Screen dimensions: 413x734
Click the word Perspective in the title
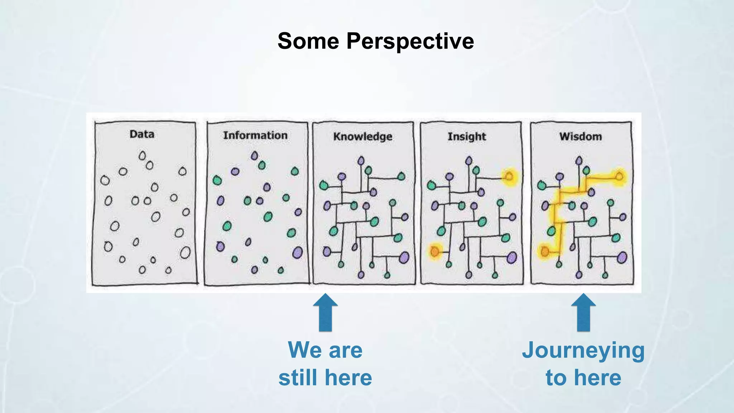(x=410, y=41)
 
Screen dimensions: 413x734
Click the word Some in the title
(x=308, y=41)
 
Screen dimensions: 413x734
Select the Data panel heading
(x=142, y=134)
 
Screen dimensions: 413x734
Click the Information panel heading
(x=255, y=135)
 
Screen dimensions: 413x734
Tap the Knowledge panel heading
(x=362, y=137)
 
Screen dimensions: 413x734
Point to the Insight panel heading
(x=467, y=137)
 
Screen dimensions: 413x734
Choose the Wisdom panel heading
(x=580, y=137)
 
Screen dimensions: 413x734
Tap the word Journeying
(x=583, y=350)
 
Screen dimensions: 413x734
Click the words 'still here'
(x=325, y=378)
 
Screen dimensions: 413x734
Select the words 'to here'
(x=583, y=378)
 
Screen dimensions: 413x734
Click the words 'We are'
(x=325, y=350)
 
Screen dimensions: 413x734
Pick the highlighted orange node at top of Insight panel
(x=509, y=176)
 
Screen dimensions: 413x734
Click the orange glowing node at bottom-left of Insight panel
(x=434, y=252)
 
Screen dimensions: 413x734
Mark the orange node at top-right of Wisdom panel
(x=619, y=176)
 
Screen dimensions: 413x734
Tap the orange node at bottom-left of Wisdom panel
(x=545, y=252)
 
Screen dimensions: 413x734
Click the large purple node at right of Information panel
(x=297, y=252)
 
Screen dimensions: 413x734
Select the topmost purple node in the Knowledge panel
(x=361, y=161)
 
